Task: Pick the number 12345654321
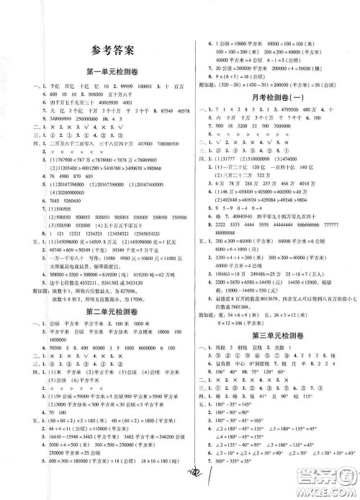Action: tap(155, 233)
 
